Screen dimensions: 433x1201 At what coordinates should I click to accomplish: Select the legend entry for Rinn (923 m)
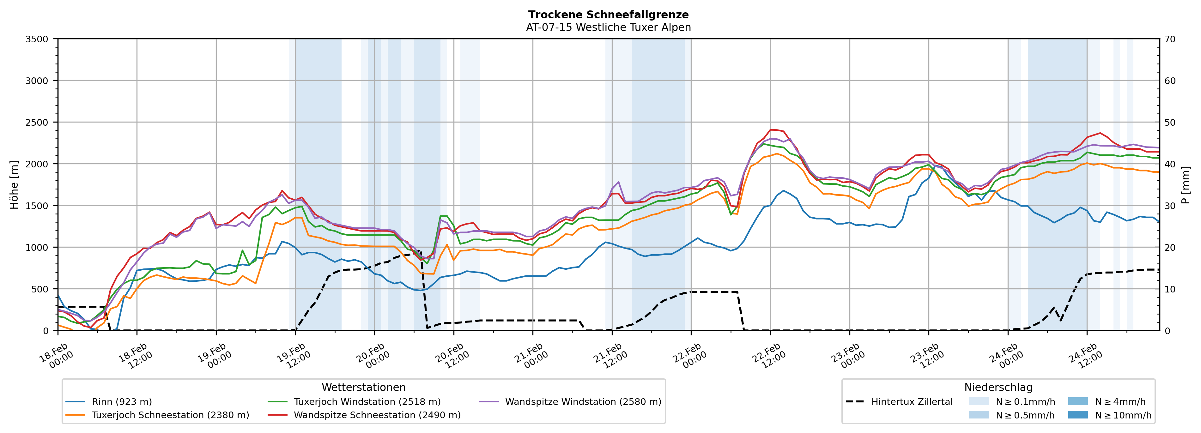pos(122,402)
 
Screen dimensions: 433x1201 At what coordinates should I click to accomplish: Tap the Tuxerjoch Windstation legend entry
pos(367,402)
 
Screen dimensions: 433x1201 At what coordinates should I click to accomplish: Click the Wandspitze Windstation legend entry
pos(583,402)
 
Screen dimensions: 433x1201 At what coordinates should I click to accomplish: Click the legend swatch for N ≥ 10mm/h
pos(1078,415)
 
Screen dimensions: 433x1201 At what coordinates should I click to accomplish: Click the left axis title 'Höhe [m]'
pos(14,184)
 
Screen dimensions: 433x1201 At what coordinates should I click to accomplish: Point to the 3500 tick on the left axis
pos(37,39)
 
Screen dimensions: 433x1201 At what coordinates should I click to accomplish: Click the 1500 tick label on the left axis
pos(37,206)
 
